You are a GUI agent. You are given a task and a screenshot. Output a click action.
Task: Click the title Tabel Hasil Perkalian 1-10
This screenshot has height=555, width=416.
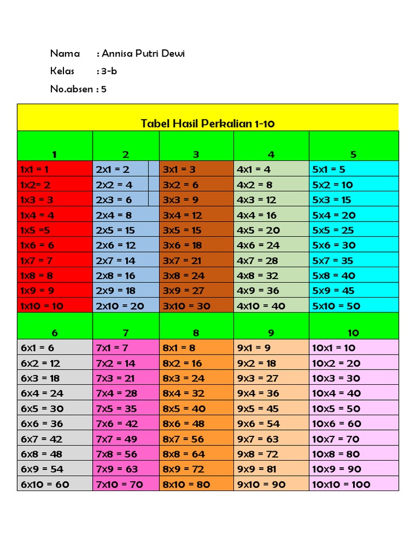coord(208,124)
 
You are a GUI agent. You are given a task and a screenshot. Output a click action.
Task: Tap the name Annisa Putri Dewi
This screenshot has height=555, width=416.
coord(144,54)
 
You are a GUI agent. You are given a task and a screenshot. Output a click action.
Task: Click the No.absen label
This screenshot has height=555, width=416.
coord(70,89)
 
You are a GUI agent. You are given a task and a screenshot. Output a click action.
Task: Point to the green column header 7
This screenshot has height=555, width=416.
coord(126,332)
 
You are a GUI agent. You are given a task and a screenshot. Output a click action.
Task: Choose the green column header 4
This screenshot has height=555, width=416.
coord(271,154)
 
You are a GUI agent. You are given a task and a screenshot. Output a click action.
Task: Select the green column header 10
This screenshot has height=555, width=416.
coord(353,332)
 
